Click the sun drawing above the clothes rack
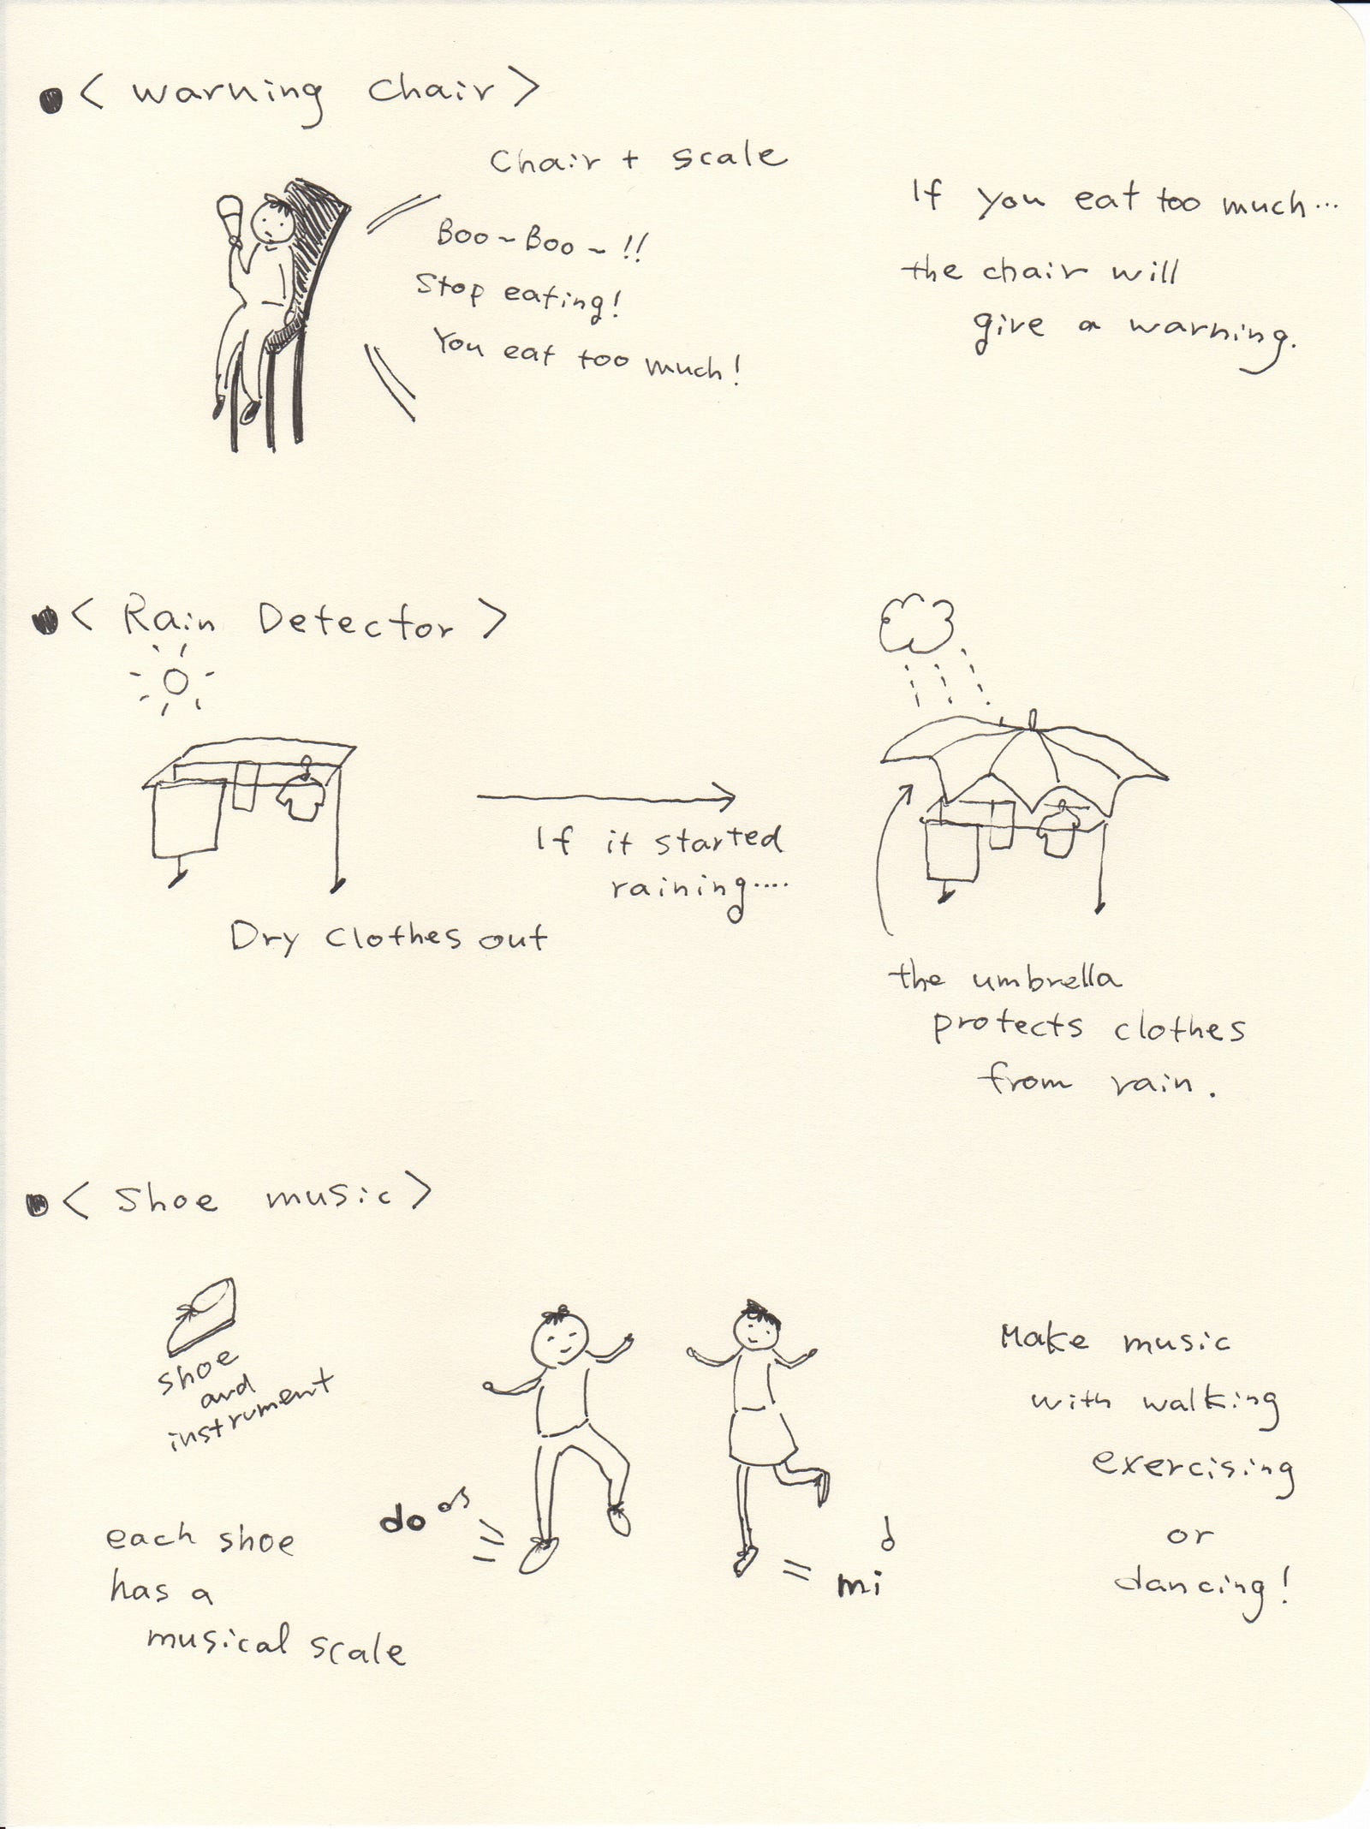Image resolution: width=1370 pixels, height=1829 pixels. point(176,682)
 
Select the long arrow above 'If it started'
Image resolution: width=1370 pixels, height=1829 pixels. point(606,798)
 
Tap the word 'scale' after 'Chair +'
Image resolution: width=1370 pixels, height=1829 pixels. point(729,157)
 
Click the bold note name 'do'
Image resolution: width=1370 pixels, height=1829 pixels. point(402,1520)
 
